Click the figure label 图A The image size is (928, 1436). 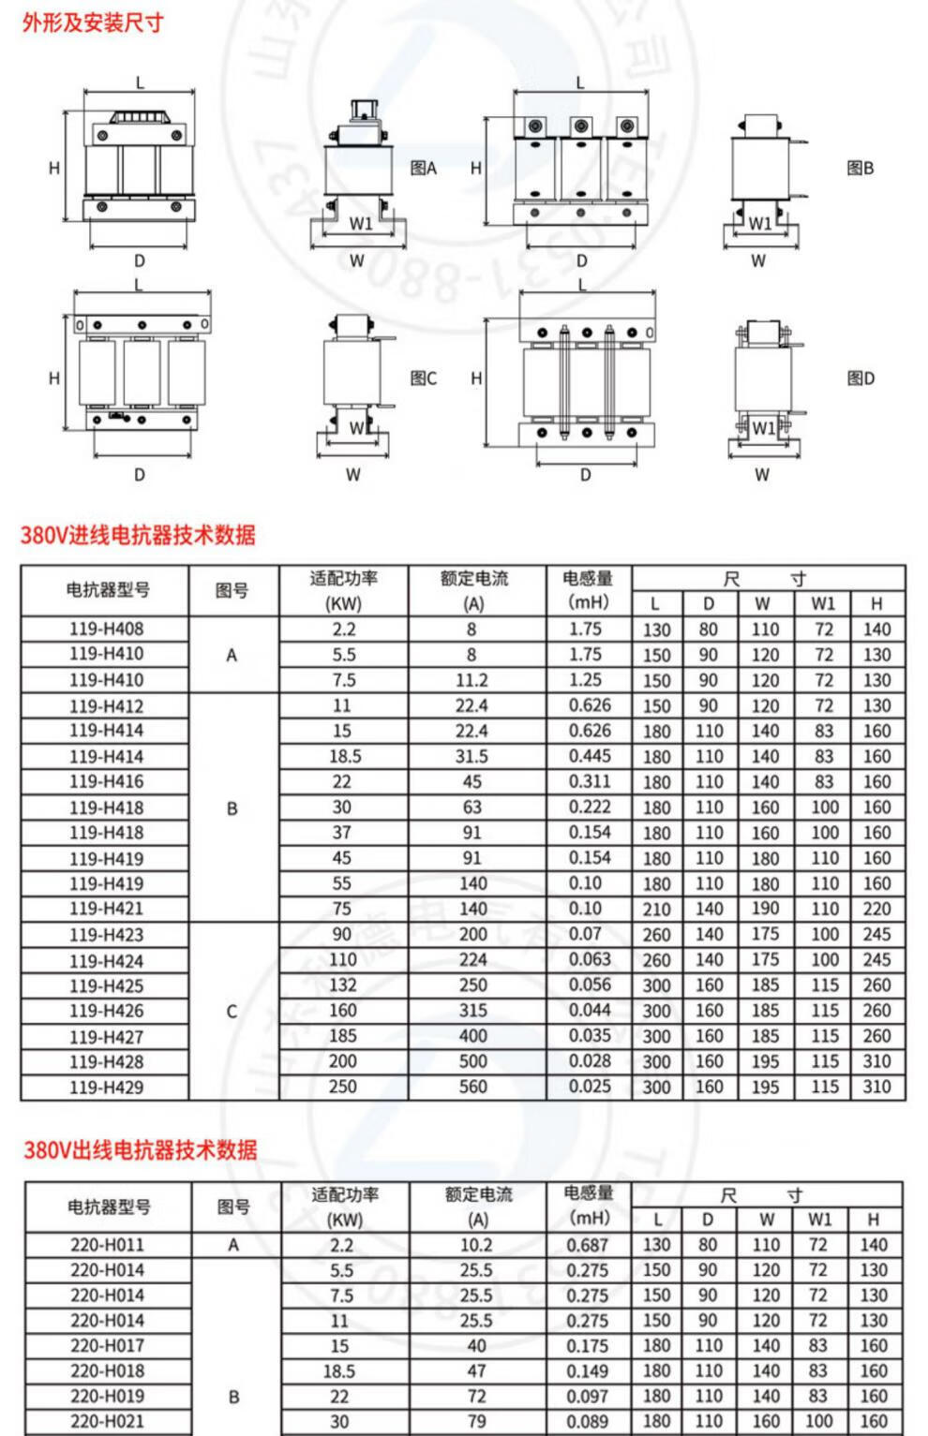[x=424, y=169]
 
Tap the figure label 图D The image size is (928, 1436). [x=861, y=378]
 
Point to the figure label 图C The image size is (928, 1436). [x=424, y=378]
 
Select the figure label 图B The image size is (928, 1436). [x=861, y=169]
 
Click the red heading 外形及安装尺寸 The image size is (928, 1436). [x=93, y=22]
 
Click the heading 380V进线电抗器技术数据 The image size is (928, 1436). [x=138, y=535]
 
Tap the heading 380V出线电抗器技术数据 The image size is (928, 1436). [x=141, y=1149]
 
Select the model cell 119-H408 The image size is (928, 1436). [x=106, y=629]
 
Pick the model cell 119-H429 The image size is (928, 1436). [x=106, y=1088]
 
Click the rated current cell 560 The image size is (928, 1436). [x=473, y=1087]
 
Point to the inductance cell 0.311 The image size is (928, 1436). [x=590, y=781]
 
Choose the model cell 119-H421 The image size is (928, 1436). [x=106, y=909]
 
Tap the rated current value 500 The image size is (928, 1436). [x=473, y=1061]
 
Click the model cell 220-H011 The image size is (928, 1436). [x=108, y=1245]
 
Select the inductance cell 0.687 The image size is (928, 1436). [x=588, y=1245]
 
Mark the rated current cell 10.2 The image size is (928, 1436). [x=476, y=1245]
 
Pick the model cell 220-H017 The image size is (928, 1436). [x=108, y=1346]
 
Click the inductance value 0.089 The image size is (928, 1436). [x=588, y=1421]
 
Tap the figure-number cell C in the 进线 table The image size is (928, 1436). [x=232, y=1012]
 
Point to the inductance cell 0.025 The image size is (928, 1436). [x=590, y=1087]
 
